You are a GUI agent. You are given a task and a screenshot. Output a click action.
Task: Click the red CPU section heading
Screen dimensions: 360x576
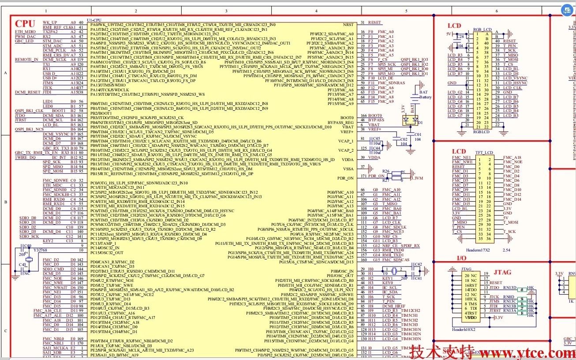(25, 24)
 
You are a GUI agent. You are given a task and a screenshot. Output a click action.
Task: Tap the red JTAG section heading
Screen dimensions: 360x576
(502, 272)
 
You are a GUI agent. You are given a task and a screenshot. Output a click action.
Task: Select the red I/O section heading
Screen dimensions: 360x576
(462, 258)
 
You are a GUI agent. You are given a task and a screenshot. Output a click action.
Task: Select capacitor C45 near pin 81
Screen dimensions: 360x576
(376, 141)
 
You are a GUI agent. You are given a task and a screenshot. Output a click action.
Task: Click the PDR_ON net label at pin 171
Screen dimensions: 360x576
(376, 176)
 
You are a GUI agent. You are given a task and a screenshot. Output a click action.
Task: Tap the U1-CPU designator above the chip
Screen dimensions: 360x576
(94, 20)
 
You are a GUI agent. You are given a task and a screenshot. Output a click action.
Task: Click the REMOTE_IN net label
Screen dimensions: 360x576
(26, 59)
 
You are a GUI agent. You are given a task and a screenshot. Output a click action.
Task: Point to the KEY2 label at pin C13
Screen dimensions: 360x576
(48, 241)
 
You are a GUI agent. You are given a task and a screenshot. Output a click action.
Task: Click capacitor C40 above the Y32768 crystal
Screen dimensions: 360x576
(27, 247)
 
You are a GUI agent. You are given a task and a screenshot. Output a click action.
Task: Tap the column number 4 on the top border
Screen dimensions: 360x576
(316, 11)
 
